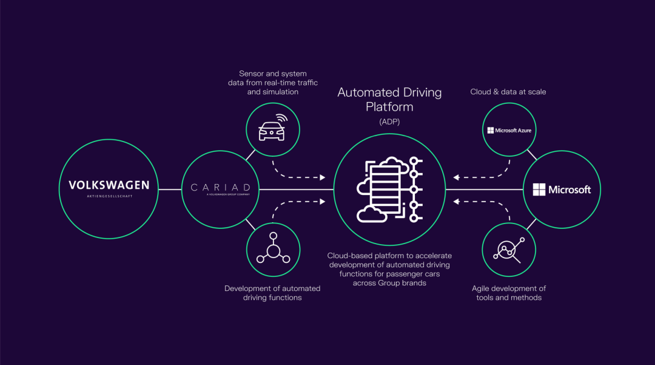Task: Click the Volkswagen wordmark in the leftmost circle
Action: point(109,185)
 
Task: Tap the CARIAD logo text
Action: point(221,187)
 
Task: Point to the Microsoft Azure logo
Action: point(509,131)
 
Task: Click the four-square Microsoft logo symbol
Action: point(539,189)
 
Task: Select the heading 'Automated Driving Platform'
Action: point(389,100)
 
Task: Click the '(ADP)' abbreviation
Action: point(389,122)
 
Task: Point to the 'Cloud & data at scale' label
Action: point(508,92)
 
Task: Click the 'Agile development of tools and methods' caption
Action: point(509,293)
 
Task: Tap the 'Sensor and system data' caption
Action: point(273,83)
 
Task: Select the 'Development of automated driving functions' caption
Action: point(272,293)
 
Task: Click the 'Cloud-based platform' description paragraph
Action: point(389,269)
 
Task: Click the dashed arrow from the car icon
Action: point(297,173)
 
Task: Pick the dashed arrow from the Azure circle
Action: point(482,173)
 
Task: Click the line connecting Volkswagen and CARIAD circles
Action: point(170,189)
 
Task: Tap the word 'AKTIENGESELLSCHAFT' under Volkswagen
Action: point(109,197)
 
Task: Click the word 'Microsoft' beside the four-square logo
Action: point(569,190)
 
